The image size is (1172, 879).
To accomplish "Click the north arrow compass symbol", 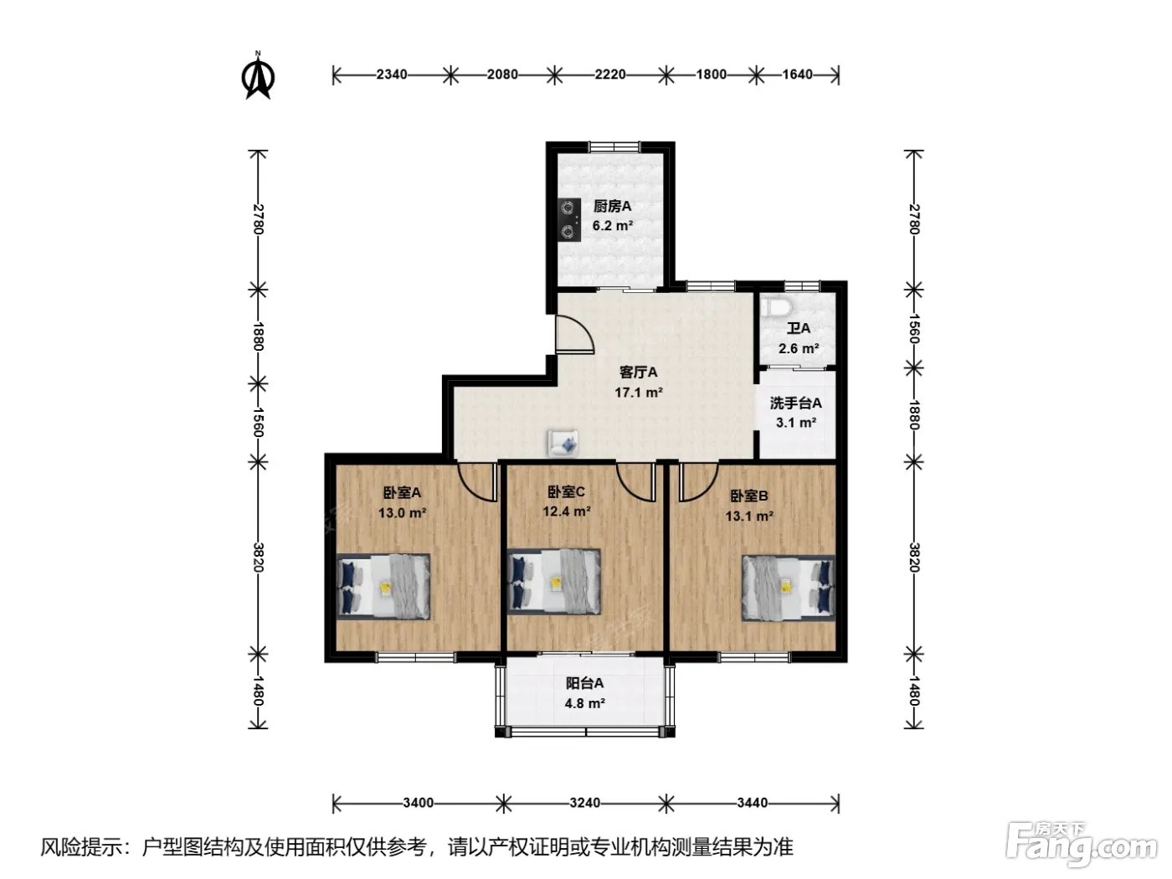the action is point(258,75).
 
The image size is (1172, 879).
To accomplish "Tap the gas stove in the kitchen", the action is point(569,220).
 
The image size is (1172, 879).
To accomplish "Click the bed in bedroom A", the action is point(383,587).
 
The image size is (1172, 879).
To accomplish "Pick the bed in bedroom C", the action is point(553,581).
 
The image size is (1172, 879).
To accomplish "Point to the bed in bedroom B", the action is point(788,588).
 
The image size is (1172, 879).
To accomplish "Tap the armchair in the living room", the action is point(563,443).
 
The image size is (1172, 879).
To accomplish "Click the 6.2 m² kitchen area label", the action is point(613,226).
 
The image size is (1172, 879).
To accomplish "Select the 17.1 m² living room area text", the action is point(639,393).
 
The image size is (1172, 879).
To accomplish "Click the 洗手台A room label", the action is point(795,403).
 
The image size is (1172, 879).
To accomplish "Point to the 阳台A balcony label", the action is point(584,682).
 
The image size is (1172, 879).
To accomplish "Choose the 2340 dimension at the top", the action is point(392,75).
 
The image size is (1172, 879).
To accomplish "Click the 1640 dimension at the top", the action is point(797,75).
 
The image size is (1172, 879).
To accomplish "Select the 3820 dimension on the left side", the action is point(259,557).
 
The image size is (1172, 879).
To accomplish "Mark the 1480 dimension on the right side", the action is point(914,691).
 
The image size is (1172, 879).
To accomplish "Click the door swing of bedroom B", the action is point(698,483).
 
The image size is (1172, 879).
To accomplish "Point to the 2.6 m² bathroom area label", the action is point(799,348).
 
